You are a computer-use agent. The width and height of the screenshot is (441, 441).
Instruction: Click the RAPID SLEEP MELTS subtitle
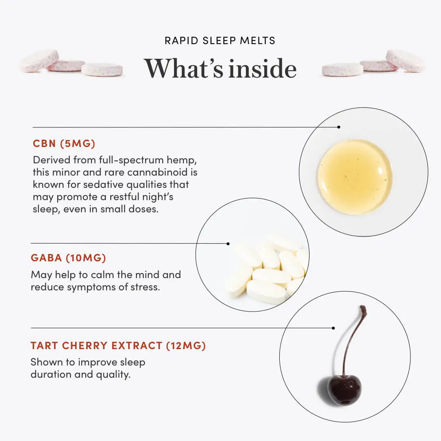(x=220, y=40)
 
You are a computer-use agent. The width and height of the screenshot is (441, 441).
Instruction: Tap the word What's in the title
(x=183, y=68)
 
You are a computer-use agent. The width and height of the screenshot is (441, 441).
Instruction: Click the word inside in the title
(x=263, y=68)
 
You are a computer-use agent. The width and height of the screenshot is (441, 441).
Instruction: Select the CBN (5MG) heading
(x=64, y=143)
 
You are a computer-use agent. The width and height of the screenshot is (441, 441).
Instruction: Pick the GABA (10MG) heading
(x=68, y=258)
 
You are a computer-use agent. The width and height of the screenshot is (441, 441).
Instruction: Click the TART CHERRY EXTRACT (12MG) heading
(x=118, y=345)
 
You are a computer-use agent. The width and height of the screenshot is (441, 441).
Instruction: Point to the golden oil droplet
(x=355, y=177)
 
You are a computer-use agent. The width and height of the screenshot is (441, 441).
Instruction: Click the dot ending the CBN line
(x=339, y=127)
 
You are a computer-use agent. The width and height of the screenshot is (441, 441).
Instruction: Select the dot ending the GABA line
(x=228, y=243)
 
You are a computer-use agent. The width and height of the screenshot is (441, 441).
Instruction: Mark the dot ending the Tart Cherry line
(x=333, y=328)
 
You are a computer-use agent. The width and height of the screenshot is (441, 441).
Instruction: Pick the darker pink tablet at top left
(x=67, y=65)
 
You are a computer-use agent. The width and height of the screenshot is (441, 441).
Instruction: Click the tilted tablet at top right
(x=405, y=60)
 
